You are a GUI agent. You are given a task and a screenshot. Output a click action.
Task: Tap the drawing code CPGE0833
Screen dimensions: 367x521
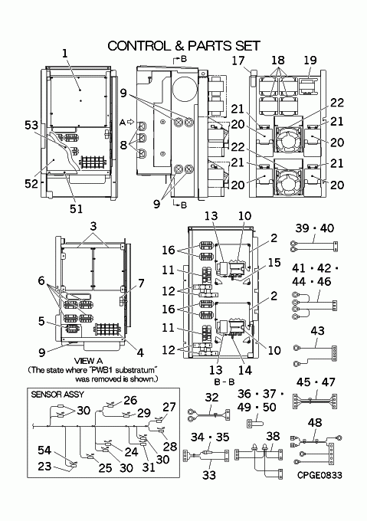tap(319, 475)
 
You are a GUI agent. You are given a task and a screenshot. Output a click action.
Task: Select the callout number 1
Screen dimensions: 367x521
tap(65, 53)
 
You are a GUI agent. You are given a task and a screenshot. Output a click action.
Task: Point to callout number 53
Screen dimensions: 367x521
tap(31, 125)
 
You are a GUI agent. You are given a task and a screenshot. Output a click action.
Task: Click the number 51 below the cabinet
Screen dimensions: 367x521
tap(76, 208)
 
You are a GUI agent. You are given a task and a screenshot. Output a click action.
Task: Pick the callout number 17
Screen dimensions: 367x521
tap(238, 61)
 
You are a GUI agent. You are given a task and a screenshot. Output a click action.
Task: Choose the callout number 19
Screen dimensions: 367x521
tap(310, 60)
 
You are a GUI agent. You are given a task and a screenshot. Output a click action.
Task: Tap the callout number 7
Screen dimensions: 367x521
tap(141, 283)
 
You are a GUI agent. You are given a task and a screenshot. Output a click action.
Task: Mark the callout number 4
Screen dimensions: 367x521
tap(140, 352)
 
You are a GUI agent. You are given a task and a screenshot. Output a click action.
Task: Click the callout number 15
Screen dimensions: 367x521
tap(274, 263)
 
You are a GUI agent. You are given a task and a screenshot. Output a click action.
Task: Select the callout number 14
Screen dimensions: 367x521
tap(245, 370)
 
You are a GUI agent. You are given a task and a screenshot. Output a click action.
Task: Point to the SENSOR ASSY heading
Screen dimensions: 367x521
tap(57, 395)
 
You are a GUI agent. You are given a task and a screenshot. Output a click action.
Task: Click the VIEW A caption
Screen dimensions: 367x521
tap(88, 361)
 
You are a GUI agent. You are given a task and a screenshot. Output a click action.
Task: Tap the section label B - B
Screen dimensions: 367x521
tap(224, 382)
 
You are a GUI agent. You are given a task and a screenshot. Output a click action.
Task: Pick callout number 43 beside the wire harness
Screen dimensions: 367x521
tap(317, 331)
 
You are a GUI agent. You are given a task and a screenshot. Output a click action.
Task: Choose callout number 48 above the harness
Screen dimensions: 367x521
tap(315, 422)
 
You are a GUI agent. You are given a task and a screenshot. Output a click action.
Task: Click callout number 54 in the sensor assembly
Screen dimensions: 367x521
tap(44, 451)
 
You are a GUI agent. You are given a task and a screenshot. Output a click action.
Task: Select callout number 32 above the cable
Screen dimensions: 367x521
tap(212, 398)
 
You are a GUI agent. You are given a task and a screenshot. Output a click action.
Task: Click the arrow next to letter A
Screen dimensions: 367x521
tap(130, 122)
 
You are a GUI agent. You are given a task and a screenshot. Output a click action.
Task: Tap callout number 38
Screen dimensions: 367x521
tap(273, 436)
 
